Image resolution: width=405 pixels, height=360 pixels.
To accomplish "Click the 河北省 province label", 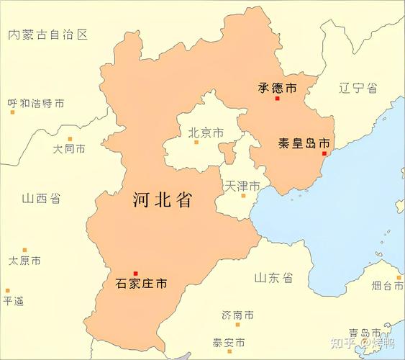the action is [x=163, y=200].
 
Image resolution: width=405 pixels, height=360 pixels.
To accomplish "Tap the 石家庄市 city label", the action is [x=141, y=284].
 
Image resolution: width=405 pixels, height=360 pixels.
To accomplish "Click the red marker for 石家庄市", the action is [x=135, y=273].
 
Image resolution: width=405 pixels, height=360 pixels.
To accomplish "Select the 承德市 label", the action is [x=277, y=88].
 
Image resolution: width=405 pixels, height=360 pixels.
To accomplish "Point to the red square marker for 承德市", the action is [x=277, y=98].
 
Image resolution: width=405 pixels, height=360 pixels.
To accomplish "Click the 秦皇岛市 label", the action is [x=304, y=143].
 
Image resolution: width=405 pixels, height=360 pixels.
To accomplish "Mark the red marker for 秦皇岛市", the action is [x=324, y=153].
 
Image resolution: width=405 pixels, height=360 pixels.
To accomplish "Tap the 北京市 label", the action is [x=206, y=132].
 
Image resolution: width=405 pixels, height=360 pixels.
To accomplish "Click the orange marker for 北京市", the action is [x=196, y=143].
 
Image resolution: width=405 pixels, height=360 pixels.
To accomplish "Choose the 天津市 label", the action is [x=242, y=185].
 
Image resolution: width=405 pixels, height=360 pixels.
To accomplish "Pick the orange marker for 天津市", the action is [x=243, y=195].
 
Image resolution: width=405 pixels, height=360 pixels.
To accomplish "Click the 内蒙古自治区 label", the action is [x=47, y=35].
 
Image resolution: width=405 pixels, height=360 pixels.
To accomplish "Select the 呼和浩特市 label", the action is [x=36, y=104].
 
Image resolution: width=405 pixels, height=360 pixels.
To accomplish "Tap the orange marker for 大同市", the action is [x=70, y=139].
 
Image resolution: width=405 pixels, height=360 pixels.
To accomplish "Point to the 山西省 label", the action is [x=41, y=199].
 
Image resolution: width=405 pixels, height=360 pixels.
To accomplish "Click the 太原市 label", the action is [x=24, y=261].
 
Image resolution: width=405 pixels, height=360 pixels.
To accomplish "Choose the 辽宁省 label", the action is [x=358, y=88].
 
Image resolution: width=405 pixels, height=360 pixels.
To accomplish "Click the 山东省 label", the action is [x=273, y=277].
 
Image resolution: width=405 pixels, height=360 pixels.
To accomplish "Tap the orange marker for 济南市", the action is [x=237, y=325].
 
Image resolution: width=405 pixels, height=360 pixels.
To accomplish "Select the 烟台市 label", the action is [x=387, y=286].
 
